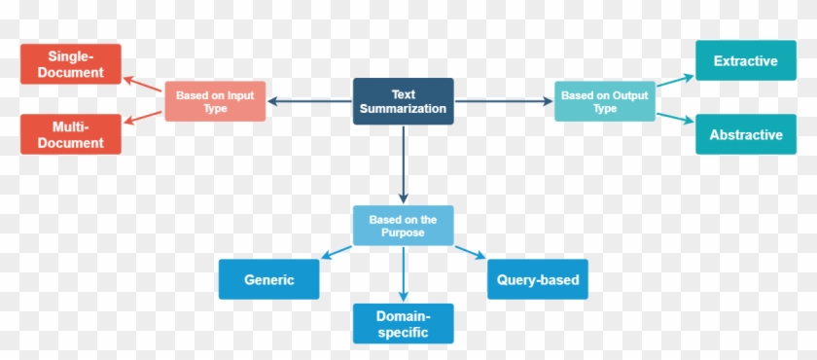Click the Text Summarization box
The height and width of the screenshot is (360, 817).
point(403,101)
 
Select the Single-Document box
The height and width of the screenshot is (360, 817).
point(70,63)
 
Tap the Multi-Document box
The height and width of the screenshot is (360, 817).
point(70,134)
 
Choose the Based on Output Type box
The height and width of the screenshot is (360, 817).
point(604,101)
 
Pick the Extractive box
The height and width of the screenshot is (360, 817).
point(745,61)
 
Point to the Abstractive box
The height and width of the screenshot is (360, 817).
point(745,134)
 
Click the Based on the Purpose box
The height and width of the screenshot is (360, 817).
point(403,226)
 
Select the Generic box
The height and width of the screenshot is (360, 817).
point(269,279)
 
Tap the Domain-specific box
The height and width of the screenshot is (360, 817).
point(403,323)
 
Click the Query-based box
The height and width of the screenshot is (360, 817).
point(537,279)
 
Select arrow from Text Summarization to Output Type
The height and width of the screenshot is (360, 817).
point(504,101)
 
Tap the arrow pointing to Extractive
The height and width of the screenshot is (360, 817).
point(675,82)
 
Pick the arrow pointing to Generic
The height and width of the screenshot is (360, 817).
point(337,253)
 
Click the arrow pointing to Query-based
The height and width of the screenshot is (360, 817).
point(469,253)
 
